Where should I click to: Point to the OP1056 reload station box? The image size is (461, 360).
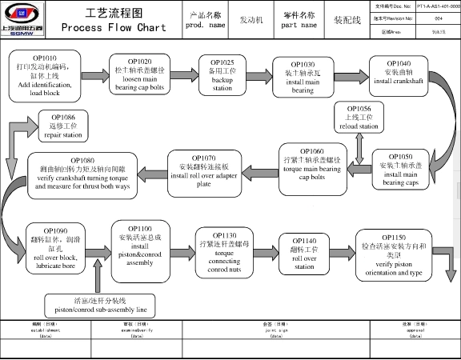tap(358, 117)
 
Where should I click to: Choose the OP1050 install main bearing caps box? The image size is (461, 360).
tap(404, 169)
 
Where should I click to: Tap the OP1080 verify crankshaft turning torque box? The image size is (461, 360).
tap(82, 174)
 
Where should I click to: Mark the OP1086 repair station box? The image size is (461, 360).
tap(62, 126)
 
